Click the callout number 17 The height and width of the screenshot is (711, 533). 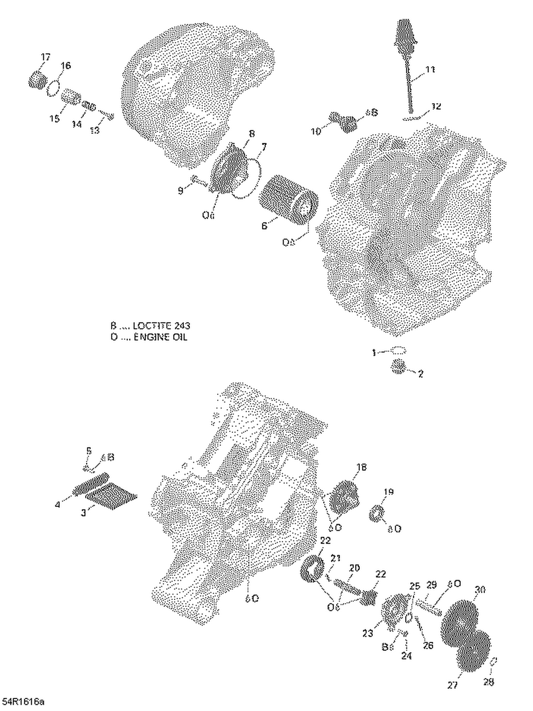pyautogui.click(x=45, y=57)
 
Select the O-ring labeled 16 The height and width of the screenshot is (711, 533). pyautogui.click(x=53, y=88)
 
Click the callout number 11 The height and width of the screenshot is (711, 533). pyautogui.click(x=430, y=70)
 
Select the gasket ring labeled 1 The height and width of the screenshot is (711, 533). pyautogui.click(x=399, y=351)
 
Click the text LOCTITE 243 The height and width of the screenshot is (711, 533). pyautogui.click(x=162, y=326)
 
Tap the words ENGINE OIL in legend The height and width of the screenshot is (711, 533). pyautogui.click(x=160, y=337)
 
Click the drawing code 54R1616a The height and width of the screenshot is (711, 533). pyautogui.click(x=23, y=702)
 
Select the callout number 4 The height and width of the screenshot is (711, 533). pyautogui.click(x=58, y=504)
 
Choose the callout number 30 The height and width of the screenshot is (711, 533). pyautogui.click(x=480, y=590)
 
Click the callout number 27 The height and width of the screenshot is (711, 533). pyautogui.click(x=452, y=685)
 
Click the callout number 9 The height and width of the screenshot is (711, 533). pyautogui.click(x=181, y=191)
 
